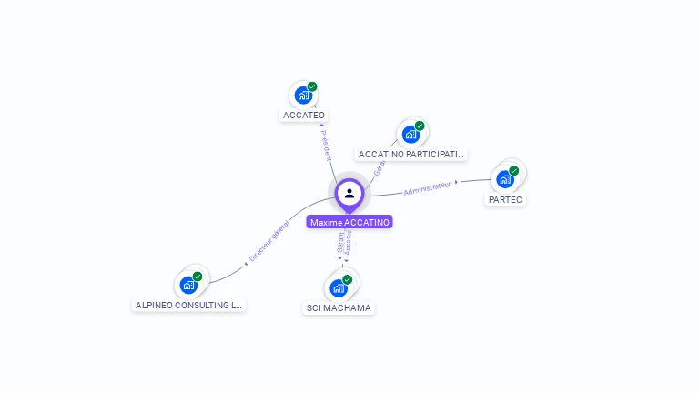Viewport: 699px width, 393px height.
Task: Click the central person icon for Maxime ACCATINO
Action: (x=349, y=193)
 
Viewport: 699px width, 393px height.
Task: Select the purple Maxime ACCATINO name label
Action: (x=349, y=222)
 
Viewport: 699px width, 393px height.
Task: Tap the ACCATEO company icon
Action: (x=303, y=96)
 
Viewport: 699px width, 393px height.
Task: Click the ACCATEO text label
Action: (x=304, y=116)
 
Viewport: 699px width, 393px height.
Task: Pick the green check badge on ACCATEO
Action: (x=312, y=86)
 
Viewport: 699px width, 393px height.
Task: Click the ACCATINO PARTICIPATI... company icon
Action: (x=410, y=135)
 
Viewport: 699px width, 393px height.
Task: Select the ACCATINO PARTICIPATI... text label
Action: (x=411, y=155)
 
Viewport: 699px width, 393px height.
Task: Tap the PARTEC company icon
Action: (x=505, y=179)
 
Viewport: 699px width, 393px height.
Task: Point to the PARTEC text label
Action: (x=506, y=199)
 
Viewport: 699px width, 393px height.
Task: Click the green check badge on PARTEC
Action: (x=514, y=170)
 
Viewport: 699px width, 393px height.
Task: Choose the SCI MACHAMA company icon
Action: (x=339, y=288)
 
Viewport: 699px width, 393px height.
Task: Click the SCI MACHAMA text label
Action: (x=339, y=308)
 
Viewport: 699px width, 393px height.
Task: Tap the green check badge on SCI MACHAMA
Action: (x=348, y=279)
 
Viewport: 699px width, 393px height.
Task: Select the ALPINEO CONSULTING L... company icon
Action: (x=188, y=285)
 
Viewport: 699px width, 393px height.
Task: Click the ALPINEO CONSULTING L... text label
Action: (x=189, y=306)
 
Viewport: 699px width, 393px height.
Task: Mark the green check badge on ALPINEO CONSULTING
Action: (x=198, y=276)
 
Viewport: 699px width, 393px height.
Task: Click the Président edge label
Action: (x=326, y=145)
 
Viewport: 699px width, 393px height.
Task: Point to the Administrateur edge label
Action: (x=428, y=188)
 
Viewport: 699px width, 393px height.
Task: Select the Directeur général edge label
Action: (x=268, y=241)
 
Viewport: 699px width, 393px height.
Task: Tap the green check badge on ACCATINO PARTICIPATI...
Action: (x=420, y=126)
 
